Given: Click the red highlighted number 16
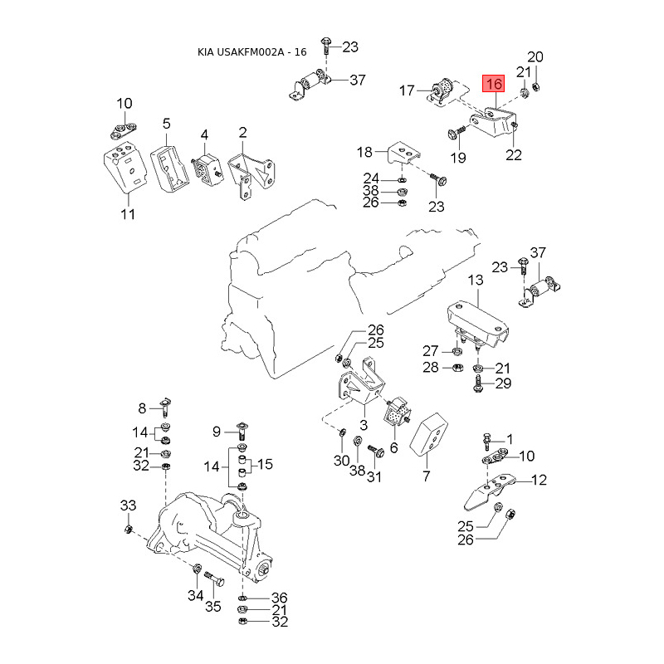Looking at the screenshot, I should click(x=495, y=84).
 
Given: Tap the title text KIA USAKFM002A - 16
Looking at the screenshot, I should click(x=251, y=51).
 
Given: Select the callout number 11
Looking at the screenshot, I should click(x=127, y=215).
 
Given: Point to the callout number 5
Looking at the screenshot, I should click(x=166, y=124).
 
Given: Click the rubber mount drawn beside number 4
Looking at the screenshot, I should click(x=204, y=169).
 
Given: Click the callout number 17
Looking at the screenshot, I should click(x=407, y=90).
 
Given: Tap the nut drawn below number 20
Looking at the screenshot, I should click(x=536, y=86).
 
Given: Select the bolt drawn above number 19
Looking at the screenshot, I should click(x=456, y=133).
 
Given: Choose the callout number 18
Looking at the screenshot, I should click(x=365, y=152).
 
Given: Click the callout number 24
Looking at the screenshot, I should click(x=370, y=178).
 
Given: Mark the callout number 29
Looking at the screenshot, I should click(x=503, y=383).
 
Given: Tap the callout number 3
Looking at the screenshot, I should click(x=363, y=424).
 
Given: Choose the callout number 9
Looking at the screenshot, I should click(x=217, y=431).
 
